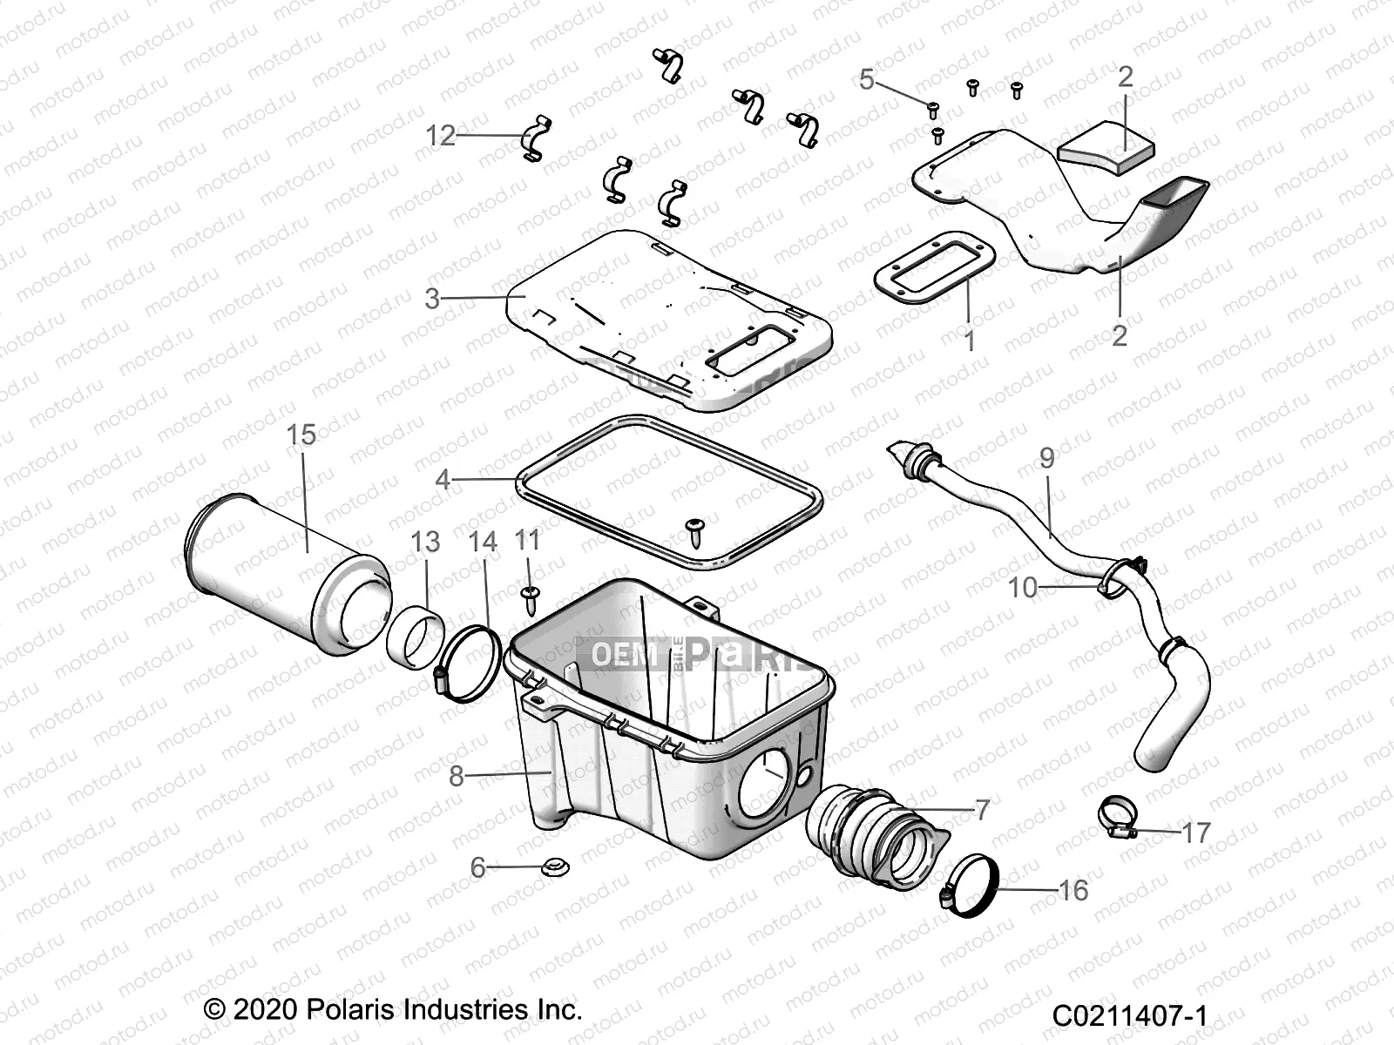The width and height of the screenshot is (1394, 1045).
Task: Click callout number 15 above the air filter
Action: [x=301, y=435]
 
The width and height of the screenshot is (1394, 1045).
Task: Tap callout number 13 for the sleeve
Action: [x=425, y=542]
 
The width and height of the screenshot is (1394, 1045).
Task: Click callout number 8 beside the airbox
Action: [x=456, y=775]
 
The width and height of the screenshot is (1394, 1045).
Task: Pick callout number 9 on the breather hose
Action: [x=1046, y=457]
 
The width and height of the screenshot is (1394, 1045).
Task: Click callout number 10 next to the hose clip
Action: [x=1023, y=587]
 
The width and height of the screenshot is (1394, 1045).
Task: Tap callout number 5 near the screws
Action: [x=866, y=79]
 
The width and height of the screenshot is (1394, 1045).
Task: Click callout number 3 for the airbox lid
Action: [x=432, y=298]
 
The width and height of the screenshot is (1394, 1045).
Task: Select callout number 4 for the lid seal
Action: [x=443, y=479]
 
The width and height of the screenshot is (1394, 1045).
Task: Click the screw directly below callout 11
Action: [x=529, y=596]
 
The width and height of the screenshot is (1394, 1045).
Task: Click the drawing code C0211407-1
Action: [x=1128, y=1015]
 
